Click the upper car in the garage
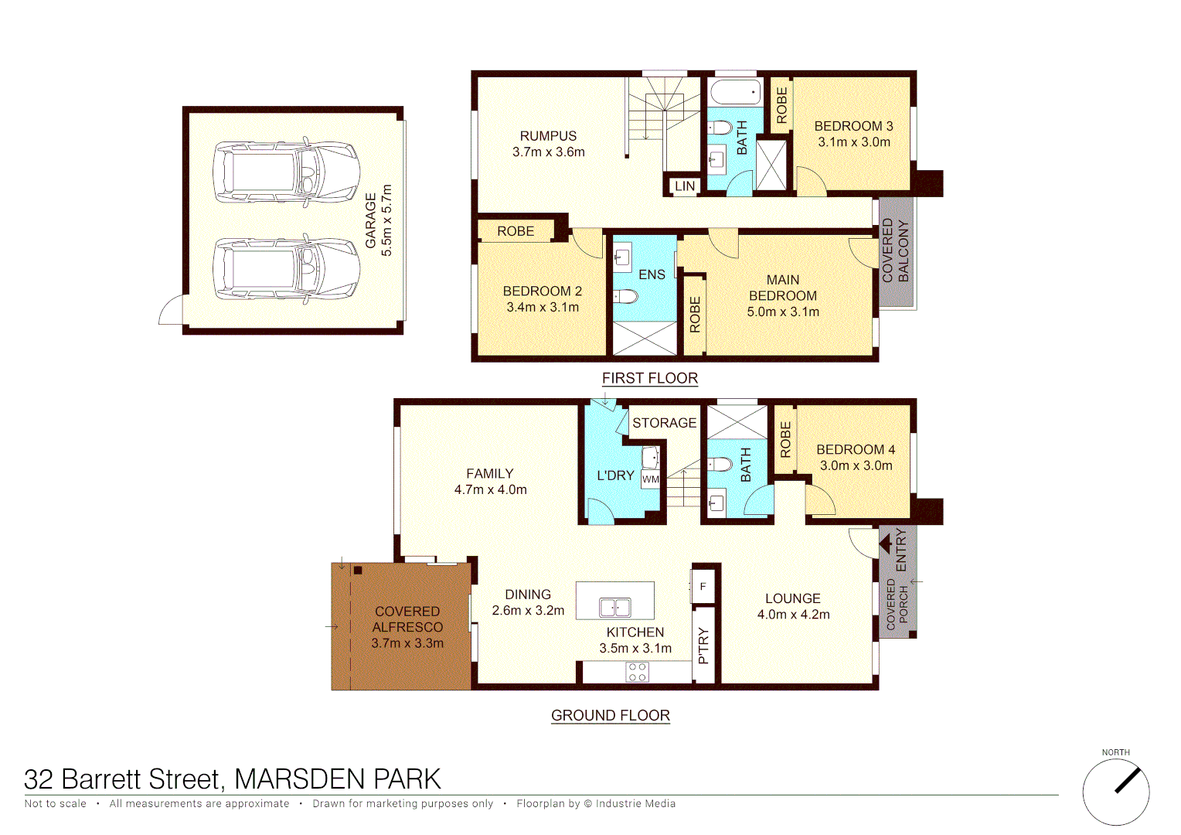(x=286, y=172)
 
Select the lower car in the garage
(x=286, y=268)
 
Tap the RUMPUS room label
(x=548, y=136)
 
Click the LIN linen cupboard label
(x=685, y=186)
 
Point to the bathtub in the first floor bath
(x=735, y=92)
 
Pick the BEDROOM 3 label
(x=853, y=126)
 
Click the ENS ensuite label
(x=652, y=274)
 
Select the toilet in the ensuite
(x=625, y=296)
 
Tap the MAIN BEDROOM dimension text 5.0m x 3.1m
(x=783, y=312)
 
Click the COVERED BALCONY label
(x=896, y=250)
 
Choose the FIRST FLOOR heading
(x=650, y=378)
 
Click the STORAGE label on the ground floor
(x=664, y=423)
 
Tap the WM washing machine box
(x=651, y=479)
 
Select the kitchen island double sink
(x=615, y=608)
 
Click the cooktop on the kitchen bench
(x=638, y=672)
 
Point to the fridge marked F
(x=703, y=587)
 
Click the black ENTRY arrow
(x=886, y=544)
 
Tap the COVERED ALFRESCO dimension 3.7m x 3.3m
(x=407, y=643)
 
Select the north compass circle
(x=1115, y=792)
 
